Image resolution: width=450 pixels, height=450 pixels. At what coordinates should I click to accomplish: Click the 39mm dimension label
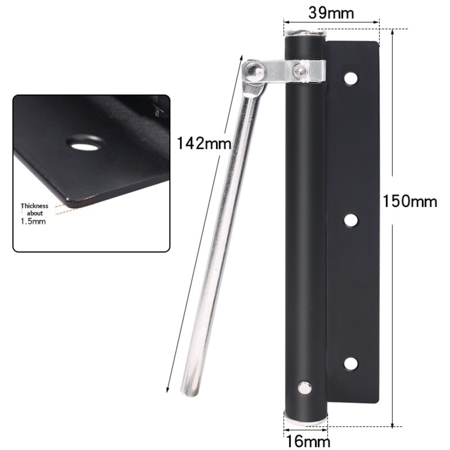[331, 13]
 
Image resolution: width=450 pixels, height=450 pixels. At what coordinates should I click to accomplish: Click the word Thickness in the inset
[34, 206]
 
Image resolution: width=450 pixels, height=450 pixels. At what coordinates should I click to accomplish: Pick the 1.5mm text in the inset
[33, 221]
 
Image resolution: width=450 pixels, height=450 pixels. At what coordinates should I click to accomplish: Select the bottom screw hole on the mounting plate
[351, 364]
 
